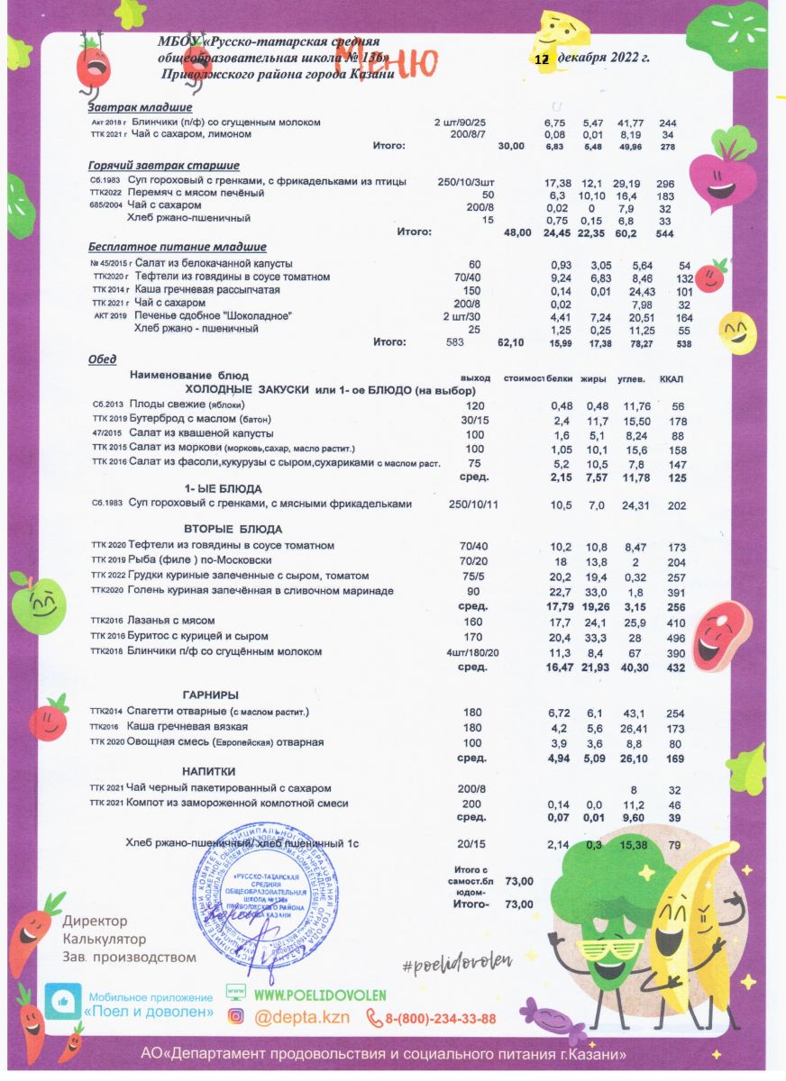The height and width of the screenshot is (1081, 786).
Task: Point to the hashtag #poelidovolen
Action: [x=456, y=963]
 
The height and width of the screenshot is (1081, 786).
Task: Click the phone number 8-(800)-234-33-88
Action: [x=440, y=1019]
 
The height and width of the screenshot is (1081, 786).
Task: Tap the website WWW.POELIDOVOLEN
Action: [x=320, y=995]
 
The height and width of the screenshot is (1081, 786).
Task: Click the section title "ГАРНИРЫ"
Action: [x=210, y=695]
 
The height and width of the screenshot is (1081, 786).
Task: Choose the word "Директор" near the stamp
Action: [x=95, y=922]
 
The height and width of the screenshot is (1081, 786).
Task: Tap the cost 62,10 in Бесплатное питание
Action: [x=511, y=342]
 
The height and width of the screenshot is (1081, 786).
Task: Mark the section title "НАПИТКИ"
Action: [x=209, y=772]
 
